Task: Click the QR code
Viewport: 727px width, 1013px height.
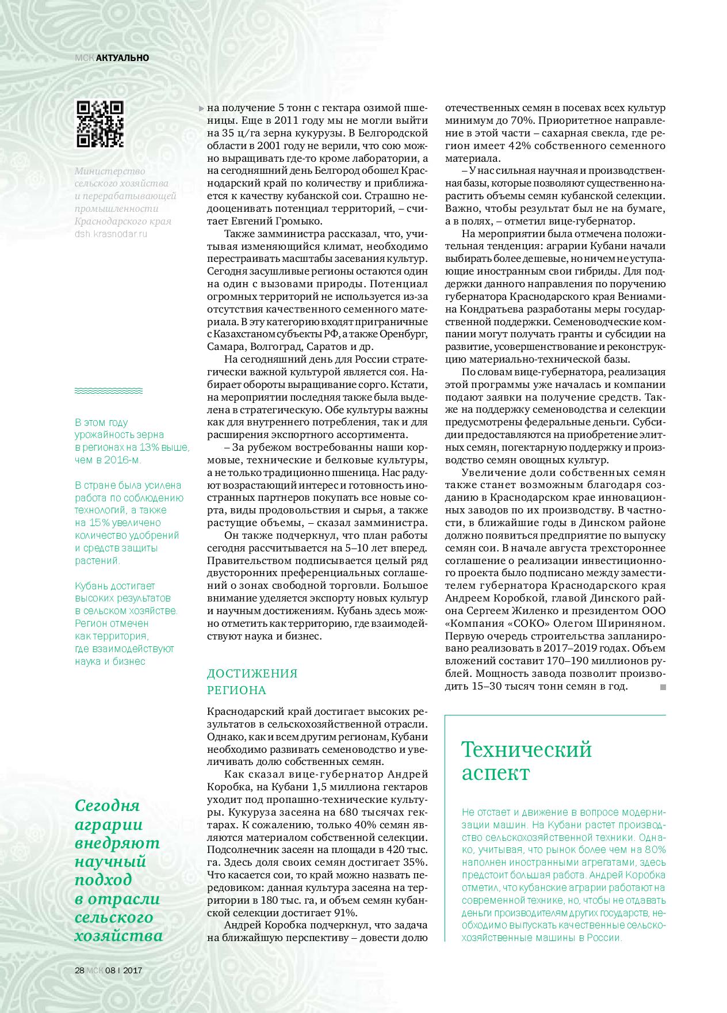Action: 100,124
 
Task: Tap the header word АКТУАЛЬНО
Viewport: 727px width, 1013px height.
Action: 123,58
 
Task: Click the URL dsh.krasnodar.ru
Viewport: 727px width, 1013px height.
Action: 111,234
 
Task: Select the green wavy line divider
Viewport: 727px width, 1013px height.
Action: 109,391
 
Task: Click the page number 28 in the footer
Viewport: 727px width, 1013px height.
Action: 79,969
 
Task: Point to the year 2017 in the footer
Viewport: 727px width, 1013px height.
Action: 132,969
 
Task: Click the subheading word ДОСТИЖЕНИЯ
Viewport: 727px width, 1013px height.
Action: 252,673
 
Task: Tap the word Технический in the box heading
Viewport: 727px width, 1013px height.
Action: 526,749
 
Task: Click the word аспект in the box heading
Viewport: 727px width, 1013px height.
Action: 495,773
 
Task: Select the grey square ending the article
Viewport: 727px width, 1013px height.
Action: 663,687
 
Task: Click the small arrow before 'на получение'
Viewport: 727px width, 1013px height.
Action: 201,108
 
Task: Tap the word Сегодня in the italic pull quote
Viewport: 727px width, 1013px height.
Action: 108,805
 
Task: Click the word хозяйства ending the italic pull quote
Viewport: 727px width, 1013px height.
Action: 118,935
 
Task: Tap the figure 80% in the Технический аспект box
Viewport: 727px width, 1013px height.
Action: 654,850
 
